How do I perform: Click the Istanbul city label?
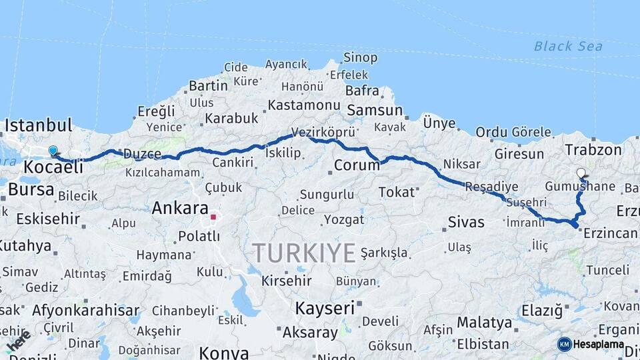click(x=38, y=125)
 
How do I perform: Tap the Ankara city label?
click(x=180, y=208)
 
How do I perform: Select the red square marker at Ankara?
click(x=213, y=217)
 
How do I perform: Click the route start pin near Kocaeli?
click(x=53, y=152)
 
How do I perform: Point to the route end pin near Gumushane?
click(x=581, y=173)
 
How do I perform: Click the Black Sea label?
click(x=568, y=46)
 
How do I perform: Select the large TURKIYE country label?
click(x=303, y=253)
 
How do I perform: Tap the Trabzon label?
click(x=593, y=150)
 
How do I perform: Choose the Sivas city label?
click(x=466, y=222)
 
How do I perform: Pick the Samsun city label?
click(x=375, y=111)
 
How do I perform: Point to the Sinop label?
click(x=360, y=58)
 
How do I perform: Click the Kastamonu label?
click(x=304, y=105)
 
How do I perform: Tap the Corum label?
click(x=356, y=165)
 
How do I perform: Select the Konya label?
click(x=224, y=353)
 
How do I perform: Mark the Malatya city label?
click(x=485, y=323)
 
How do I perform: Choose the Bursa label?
click(x=31, y=189)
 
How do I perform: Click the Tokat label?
click(x=396, y=192)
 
